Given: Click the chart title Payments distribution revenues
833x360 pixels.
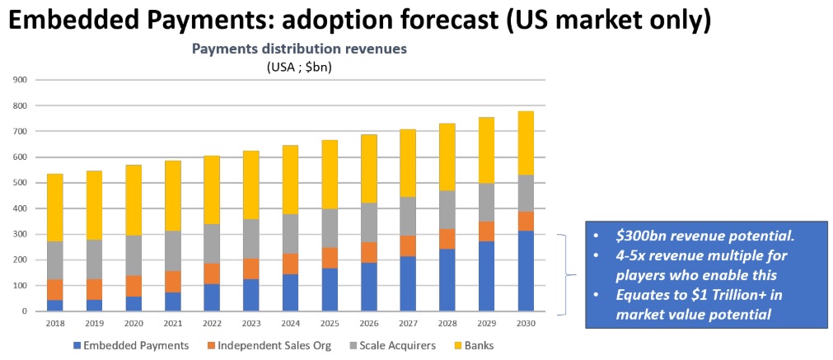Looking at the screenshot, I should pyautogui.click(x=300, y=49).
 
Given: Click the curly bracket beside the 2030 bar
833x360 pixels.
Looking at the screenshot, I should pyautogui.click(x=565, y=274).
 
